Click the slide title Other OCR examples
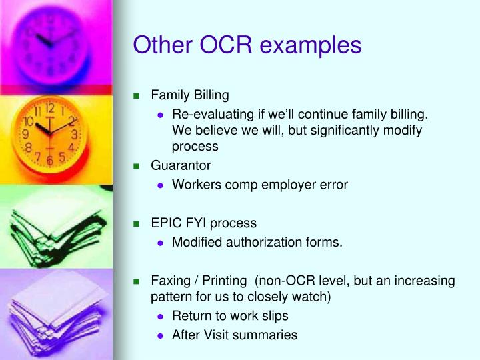pos(247,45)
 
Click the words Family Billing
pos(189,95)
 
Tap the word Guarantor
pos(181,165)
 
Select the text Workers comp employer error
pos(259,185)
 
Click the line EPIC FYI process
pos(203,223)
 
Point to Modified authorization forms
pos(257,243)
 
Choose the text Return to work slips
pos(230,315)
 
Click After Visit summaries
pos(234,335)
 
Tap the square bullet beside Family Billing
pos(137,95)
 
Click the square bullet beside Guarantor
pos(137,165)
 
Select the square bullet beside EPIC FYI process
pos(137,223)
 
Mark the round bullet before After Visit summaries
pos(160,336)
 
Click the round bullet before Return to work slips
pos(160,316)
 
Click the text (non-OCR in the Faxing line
pos(288,281)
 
